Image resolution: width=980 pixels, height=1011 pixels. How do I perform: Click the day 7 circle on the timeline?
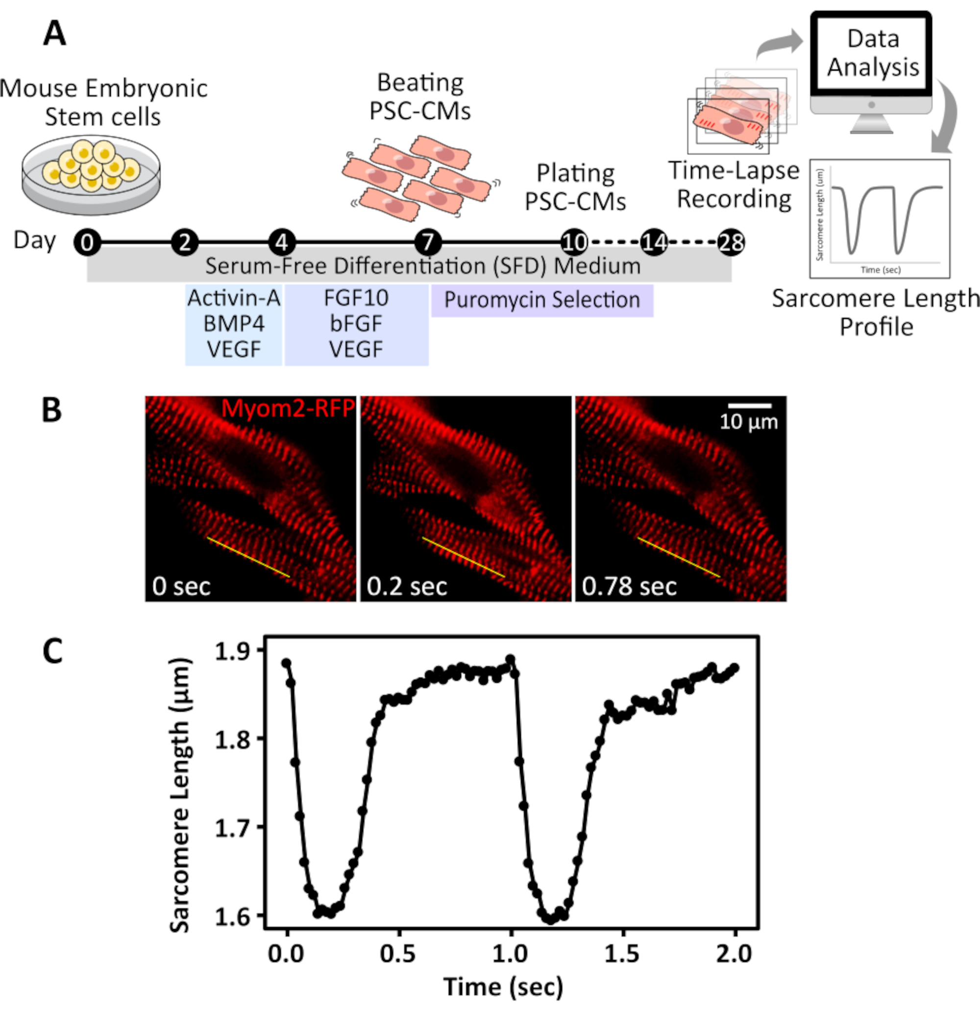428,242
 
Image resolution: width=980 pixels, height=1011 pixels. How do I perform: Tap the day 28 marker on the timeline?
732,242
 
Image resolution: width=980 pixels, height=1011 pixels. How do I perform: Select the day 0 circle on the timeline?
87,242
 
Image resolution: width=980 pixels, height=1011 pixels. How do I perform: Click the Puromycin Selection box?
542,300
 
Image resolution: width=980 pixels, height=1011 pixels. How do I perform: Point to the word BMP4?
234,324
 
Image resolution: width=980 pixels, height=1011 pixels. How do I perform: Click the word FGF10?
356,298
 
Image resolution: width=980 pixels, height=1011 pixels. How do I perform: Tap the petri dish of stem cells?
91,174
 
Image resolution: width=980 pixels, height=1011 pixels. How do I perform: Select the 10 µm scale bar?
749,406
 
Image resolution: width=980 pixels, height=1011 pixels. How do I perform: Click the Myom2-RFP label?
288,409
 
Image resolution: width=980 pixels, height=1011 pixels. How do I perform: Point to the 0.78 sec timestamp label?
629,587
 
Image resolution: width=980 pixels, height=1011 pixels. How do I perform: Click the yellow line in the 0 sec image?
248,557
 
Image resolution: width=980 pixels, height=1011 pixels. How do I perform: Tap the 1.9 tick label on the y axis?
232,651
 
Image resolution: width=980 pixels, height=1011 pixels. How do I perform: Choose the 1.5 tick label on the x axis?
622,954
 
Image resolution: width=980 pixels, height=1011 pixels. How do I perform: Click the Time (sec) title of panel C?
503,987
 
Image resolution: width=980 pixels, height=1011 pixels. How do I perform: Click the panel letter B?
51,411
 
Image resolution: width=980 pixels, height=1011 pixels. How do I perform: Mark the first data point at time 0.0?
286,664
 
